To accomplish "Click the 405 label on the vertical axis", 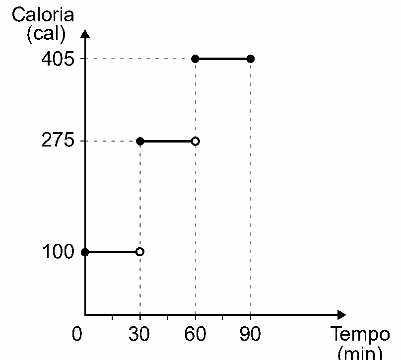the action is click(x=58, y=59).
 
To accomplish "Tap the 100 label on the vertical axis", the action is click(x=58, y=251).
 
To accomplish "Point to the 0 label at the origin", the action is click(x=77, y=334).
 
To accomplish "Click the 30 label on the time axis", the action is click(x=139, y=334).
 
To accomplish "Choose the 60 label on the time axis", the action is click(x=195, y=334).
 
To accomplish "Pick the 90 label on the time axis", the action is click(x=250, y=334).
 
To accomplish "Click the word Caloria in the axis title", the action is click(x=43, y=14).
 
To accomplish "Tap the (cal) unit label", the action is click(x=46, y=34).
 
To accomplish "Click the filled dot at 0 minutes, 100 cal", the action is click(x=85, y=252).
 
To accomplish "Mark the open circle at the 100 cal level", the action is click(x=140, y=252).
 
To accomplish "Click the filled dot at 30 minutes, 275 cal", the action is click(x=140, y=141).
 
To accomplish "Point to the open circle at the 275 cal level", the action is click(x=196, y=141).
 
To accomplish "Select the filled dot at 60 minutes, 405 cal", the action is click(x=195, y=59).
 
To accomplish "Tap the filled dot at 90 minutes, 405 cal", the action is click(x=251, y=59).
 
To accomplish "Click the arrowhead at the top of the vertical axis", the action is click(x=85, y=34).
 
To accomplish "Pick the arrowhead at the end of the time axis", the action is click(x=342, y=315).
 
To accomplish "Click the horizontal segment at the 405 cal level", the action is click(x=223, y=59).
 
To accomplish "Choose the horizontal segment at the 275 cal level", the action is click(x=168, y=141).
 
